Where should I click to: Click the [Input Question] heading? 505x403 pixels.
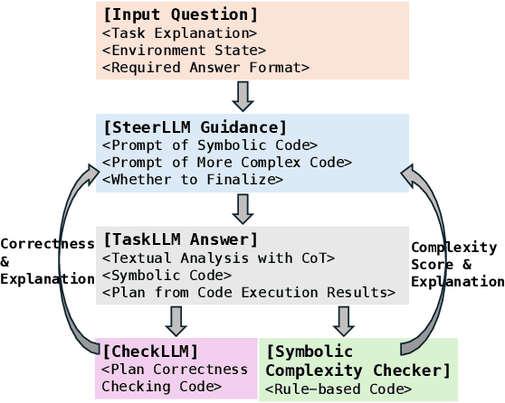180,14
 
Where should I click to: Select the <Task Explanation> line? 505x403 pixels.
179,33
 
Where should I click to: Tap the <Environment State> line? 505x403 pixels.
184,51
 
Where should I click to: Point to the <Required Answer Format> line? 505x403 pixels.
205,68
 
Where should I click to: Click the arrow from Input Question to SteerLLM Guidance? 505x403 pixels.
243,95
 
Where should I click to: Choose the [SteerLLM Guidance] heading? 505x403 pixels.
195,127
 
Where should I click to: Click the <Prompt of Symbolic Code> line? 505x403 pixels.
209,145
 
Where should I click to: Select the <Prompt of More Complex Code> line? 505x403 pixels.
226,163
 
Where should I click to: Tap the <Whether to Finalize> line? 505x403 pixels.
192,180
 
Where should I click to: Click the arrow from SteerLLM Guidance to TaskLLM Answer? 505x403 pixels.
243,208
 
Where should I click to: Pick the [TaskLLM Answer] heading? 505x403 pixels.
180,239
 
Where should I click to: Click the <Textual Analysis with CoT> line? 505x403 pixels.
218,258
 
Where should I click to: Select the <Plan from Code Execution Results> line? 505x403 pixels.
248,293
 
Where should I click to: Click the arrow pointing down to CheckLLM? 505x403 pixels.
176,320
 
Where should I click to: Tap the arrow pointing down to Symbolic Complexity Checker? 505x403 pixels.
342,320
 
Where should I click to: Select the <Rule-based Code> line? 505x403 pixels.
338,389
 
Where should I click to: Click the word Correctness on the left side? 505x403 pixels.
47,244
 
